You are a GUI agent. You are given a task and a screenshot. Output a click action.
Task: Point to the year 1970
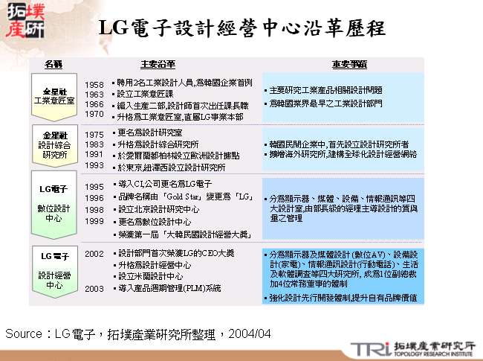(x=94, y=115)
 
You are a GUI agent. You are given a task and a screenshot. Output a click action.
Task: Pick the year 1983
(x=94, y=144)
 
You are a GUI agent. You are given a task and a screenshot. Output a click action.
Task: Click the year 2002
(x=94, y=254)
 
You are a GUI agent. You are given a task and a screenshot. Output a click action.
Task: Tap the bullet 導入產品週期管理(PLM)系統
(x=170, y=288)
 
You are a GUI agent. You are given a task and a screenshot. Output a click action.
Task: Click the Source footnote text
(x=138, y=333)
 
